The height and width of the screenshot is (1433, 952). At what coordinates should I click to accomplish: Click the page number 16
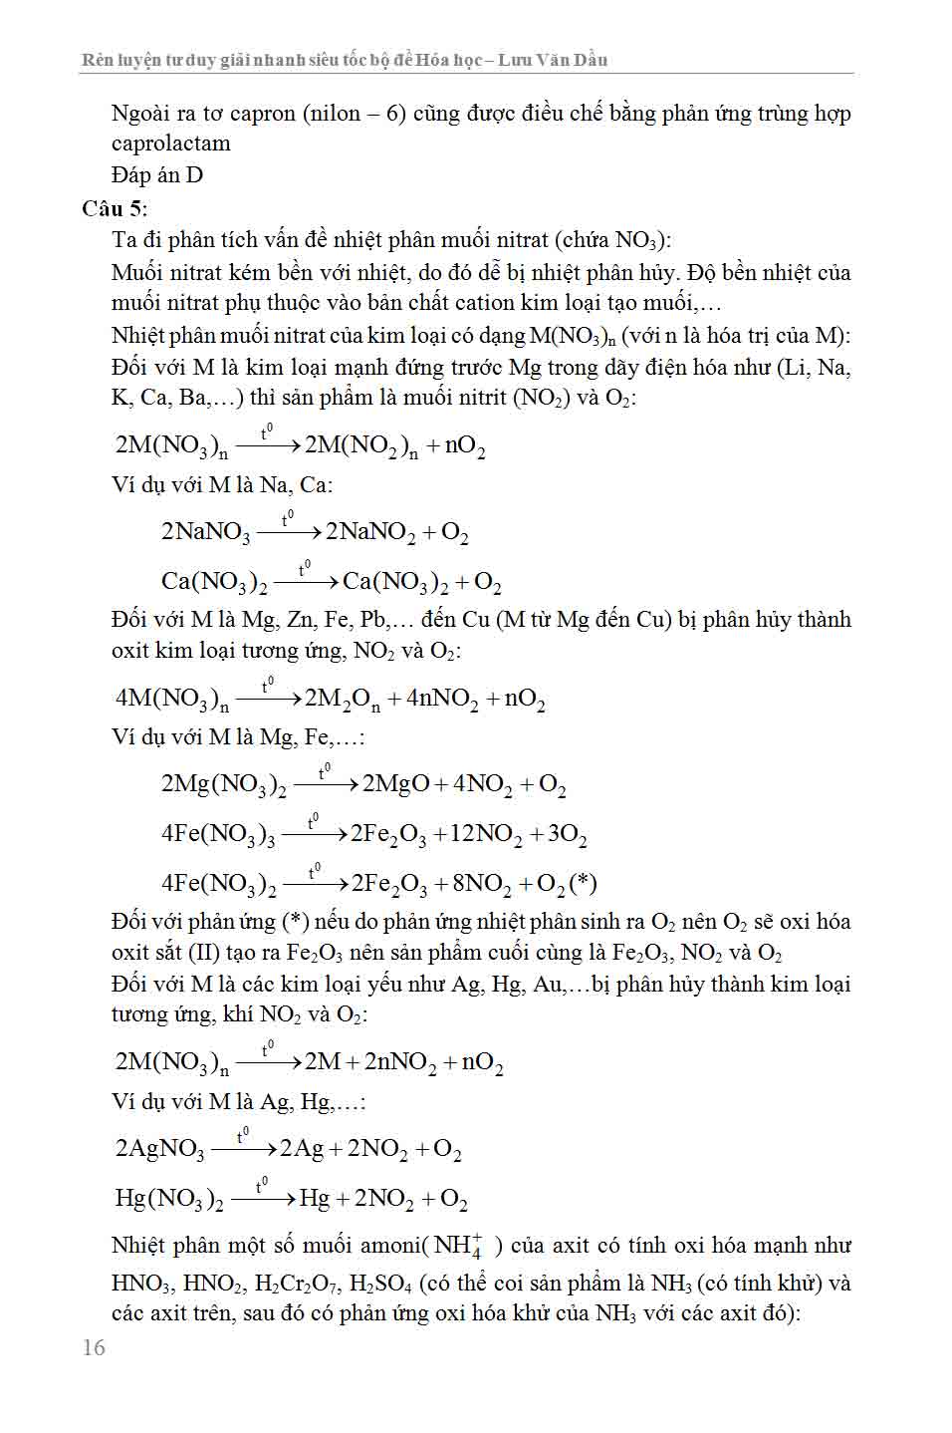click(94, 1347)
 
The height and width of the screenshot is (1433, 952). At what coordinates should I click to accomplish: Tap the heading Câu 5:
click(115, 207)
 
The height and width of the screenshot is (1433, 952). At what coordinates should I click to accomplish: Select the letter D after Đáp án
click(194, 175)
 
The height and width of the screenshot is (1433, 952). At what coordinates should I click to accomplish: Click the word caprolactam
click(170, 143)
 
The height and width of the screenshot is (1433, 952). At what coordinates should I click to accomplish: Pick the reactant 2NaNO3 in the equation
click(205, 532)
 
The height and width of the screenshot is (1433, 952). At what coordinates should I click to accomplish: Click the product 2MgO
click(395, 784)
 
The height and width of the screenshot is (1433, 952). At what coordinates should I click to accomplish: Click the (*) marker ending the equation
click(582, 884)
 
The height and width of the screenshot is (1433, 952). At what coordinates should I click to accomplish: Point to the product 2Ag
click(301, 1149)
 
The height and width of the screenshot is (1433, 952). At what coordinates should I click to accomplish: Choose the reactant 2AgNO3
click(159, 1149)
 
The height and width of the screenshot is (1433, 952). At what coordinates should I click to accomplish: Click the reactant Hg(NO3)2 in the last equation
click(168, 1199)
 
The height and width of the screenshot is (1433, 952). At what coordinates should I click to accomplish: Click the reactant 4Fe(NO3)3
click(217, 834)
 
